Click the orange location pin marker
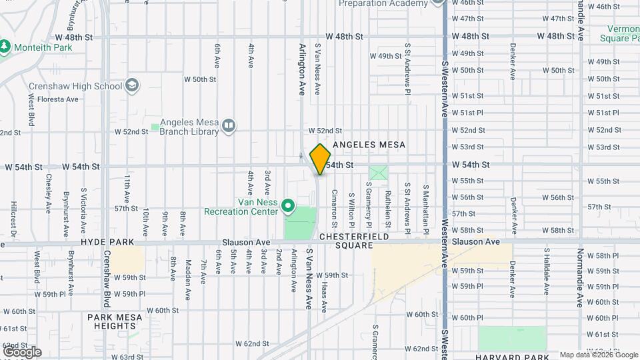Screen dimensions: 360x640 (x=321, y=159)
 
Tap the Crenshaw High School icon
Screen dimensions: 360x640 (x=133, y=85)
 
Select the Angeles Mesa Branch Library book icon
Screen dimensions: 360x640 (x=229, y=126)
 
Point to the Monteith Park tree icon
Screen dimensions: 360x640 (x=5, y=46)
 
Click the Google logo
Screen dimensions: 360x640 (x=21, y=351)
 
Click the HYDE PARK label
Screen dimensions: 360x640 (x=107, y=242)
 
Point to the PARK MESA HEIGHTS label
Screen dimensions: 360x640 (x=115, y=321)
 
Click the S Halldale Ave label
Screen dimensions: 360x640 (x=547, y=271)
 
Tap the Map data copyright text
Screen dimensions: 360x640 (x=598, y=355)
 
